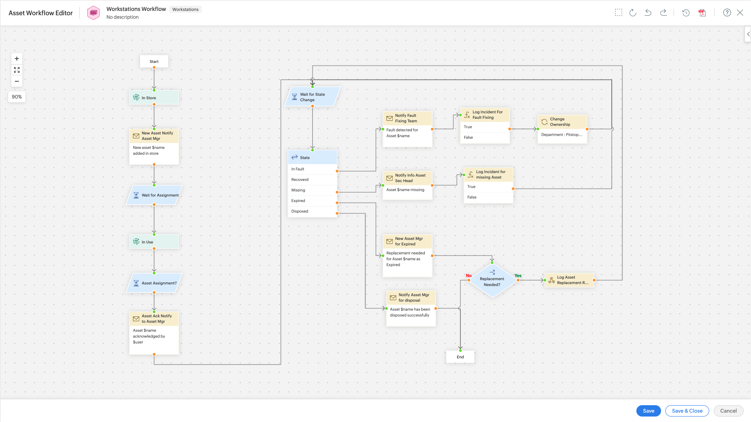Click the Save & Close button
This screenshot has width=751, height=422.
pyautogui.click(x=687, y=411)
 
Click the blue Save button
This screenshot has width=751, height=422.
pyautogui.click(x=648, y=411)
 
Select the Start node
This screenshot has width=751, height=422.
pyautogui.click(x=154, y=61)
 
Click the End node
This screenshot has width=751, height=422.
pyautogui.click(x=460, y=357)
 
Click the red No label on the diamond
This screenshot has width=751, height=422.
pyautogui.click(x=469, y=275)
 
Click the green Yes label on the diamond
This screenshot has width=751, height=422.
pyautogui.click(x=518, y=275)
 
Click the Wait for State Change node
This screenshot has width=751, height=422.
pyautogui.click(x=312, y=97)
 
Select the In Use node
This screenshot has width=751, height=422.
pyautogui.click(x=154, y=242)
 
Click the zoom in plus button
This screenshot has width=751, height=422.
pyautogui.click(x=17, y=59)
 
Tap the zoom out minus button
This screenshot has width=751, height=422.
pyautogui.click(x=17, y=81)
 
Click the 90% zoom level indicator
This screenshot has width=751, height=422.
pyautogui.click(x=17, y=97)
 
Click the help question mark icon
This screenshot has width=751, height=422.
pyautogui.click(x=727, y=13)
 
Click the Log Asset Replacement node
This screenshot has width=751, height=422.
pyautogui.click(x=570, y=280)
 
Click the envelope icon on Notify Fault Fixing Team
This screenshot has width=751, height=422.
pyautogui.click(x=390, y=118)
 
